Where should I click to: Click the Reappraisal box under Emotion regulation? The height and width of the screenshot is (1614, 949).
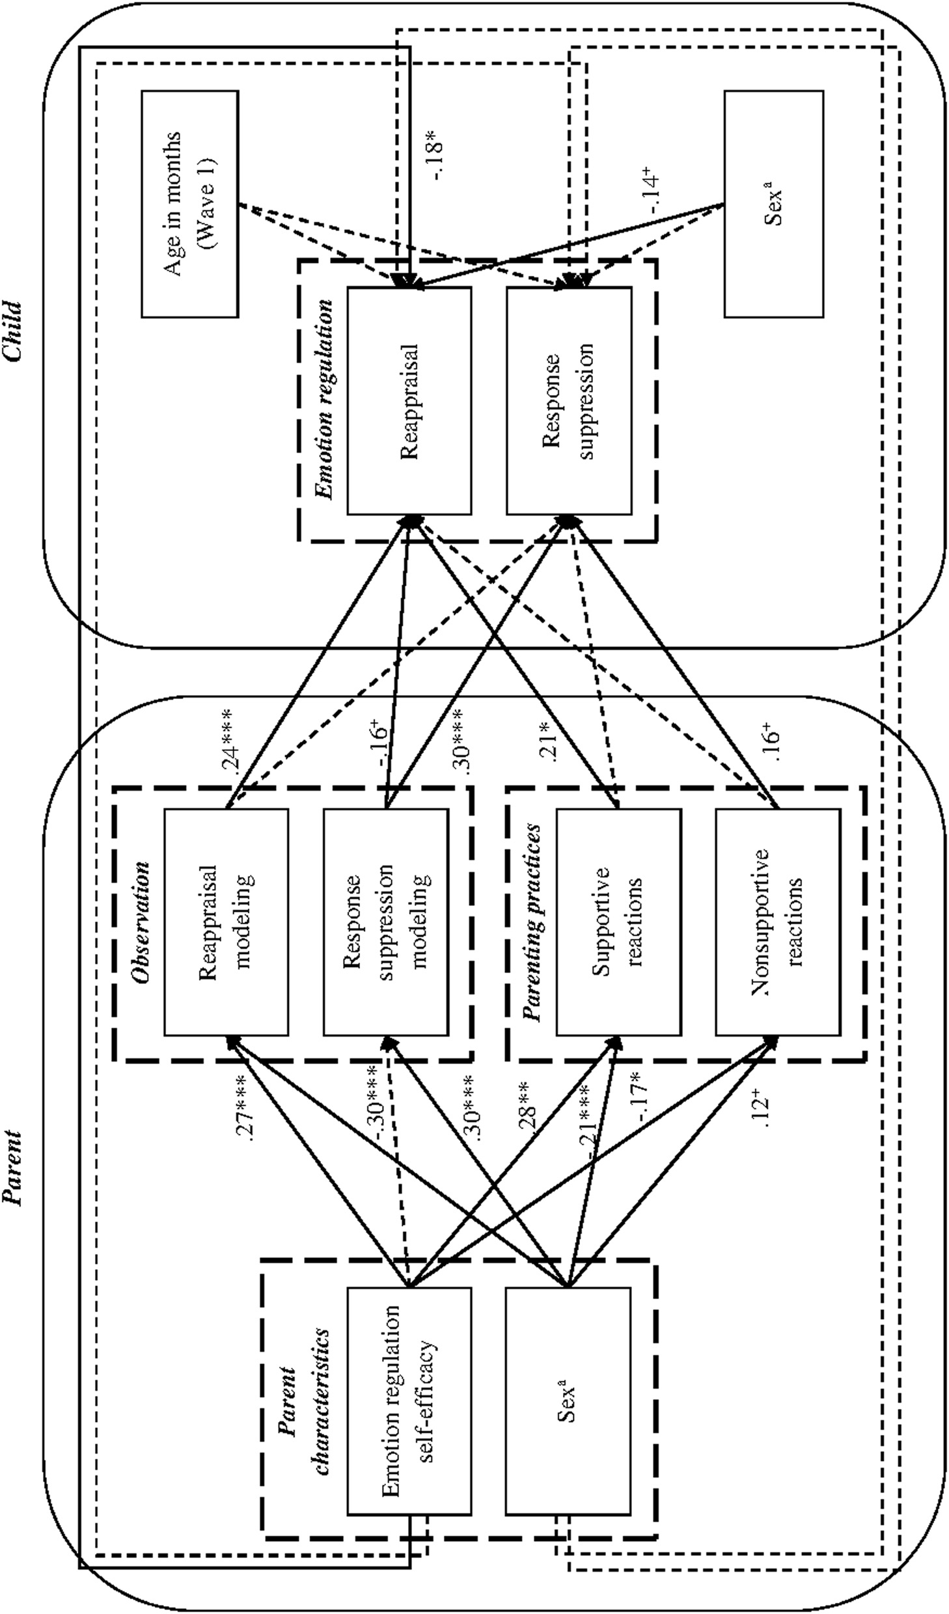409,401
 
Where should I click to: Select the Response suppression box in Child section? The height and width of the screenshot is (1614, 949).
569,401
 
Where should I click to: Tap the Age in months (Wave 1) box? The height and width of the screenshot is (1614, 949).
190,204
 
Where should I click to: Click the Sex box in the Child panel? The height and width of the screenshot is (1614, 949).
773,204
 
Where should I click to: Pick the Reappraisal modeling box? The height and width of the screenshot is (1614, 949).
226,922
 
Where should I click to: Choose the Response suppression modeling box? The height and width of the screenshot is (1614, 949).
385,922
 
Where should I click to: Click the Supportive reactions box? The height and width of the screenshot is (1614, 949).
618,922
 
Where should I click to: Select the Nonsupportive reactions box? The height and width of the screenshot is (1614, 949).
778,922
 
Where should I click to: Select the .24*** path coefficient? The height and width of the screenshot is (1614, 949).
232,739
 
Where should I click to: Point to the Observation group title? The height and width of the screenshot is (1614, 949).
139,922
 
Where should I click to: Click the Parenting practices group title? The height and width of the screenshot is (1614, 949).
533,922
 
